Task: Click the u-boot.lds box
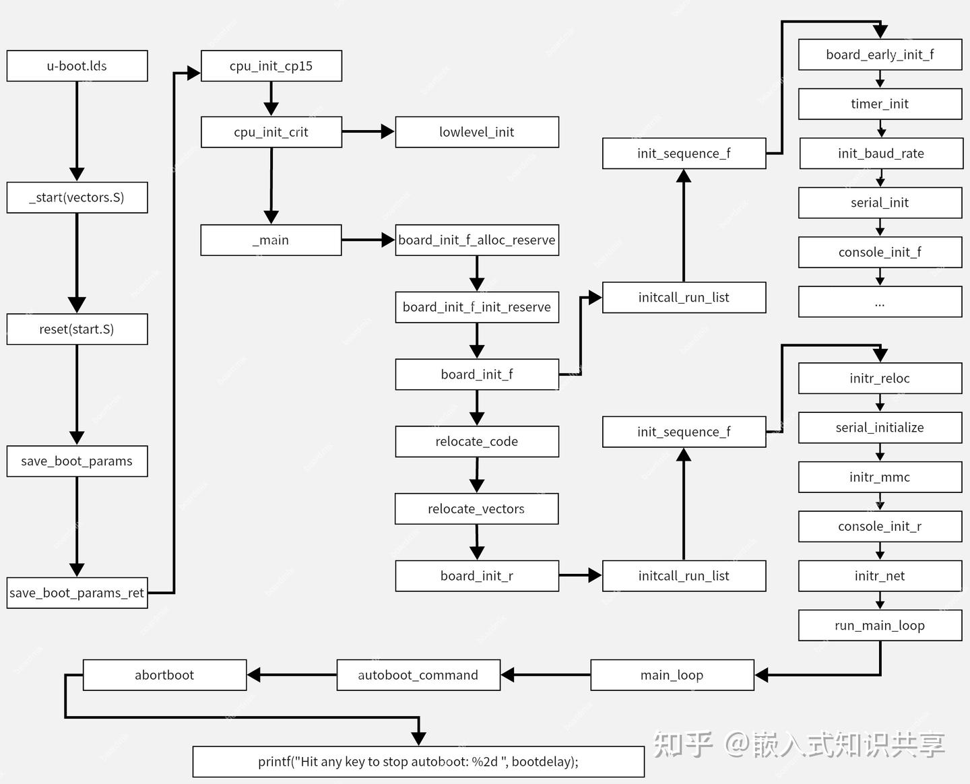click(77, 66)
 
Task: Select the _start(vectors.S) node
click(77, 197)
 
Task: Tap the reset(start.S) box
click(77, 329)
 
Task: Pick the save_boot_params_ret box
click(77, 593)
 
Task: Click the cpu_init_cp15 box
click(271, 66)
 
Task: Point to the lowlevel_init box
click(477, 132)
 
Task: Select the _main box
click(271, 240)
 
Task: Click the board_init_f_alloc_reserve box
click(477, 240)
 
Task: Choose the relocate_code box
click(477, 441)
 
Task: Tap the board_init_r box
click(477, 576)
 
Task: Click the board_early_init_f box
click(880, 55)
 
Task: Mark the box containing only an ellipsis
click(880, 302)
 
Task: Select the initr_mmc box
click(880, 477)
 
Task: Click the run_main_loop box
click(880, 625)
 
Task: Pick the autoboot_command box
click(418, 675)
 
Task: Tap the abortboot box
click(164, 675)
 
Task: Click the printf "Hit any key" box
click(418, 762)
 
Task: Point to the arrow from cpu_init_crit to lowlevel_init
click(368, 132)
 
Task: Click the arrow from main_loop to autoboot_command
click(546, 675)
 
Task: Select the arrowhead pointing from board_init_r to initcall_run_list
click(595, 576)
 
